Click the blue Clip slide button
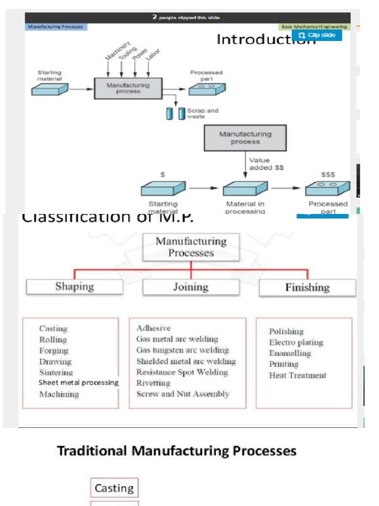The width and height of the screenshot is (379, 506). [317, 35]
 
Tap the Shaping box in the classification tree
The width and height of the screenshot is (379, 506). [75, 287]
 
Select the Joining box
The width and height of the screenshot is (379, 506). [190, 287]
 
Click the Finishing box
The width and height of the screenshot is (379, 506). [307, 287]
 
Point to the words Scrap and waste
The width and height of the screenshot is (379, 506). [202, 113]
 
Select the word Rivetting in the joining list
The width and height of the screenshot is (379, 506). [153, 383]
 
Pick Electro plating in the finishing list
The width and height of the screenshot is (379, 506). [296, 342]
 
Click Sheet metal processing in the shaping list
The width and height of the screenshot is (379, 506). [79, 382]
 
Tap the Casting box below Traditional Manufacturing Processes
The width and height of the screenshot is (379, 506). [114, 488]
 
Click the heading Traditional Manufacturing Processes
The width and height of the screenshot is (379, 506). [177, 451]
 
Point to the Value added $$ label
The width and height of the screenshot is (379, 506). [266, 164]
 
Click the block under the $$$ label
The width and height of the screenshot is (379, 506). [327, 188]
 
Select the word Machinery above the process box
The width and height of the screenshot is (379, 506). [117, 50]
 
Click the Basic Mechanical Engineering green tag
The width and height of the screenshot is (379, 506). [315, 27]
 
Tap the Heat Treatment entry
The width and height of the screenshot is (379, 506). [297, 376]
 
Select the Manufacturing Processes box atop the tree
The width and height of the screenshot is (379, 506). [191, 247]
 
